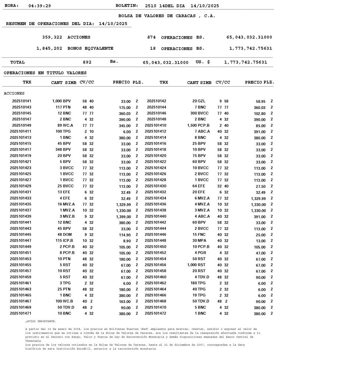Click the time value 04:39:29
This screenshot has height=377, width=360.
[x=39, y=6]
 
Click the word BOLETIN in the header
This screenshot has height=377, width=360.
[x=127, y=6]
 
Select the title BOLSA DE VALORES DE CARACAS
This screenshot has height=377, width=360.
[x=167, y=16]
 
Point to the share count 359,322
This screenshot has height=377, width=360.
[x=52, y=37]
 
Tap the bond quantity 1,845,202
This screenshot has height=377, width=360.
[x=49, y=48]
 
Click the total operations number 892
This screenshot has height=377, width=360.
[x=87, y=62]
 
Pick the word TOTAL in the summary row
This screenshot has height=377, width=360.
[x=18, y=62]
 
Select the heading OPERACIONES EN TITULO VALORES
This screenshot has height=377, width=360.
[x=45, y=73]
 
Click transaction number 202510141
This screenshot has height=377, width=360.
[x=22, y=101]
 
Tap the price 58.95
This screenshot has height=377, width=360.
[x=261, y=101]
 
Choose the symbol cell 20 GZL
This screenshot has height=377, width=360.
[x=199, y=101]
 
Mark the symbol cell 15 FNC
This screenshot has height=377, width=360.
[x=199, y=235]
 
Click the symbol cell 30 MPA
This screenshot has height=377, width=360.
[x=199, y=241]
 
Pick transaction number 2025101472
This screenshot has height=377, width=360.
[x=155, y=313]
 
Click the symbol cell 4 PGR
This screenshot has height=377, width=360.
[x=200, y=253]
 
